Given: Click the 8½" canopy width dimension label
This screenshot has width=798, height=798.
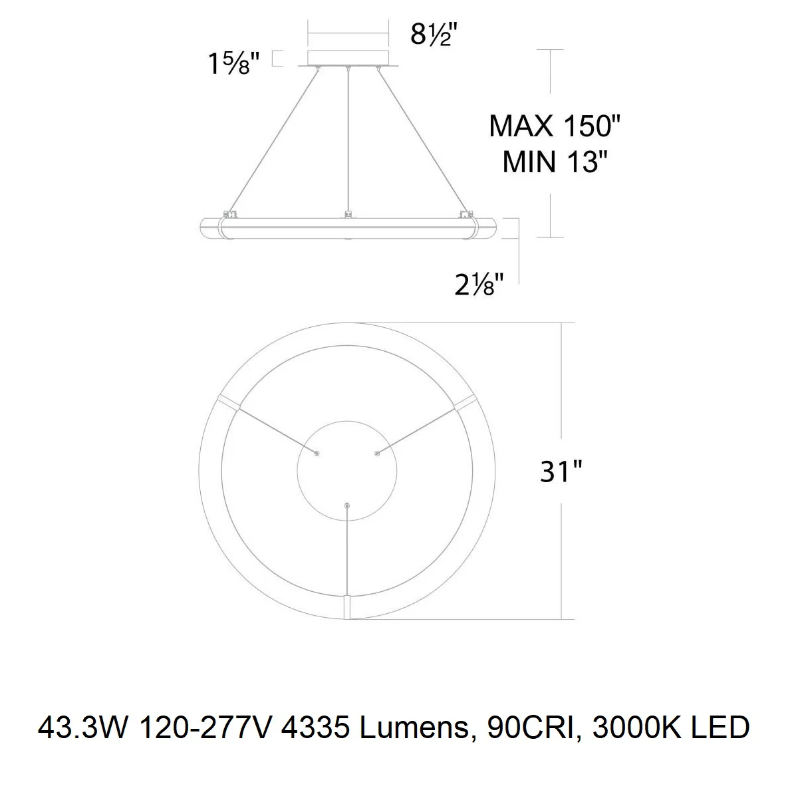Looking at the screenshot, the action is (x=434, y=34).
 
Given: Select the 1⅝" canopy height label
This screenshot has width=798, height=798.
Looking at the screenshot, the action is (x=234, y=63).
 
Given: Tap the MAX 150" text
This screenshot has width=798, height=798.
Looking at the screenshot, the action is (x=555, y=126).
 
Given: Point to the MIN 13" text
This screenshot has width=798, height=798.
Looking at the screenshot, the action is (x=555, y=162).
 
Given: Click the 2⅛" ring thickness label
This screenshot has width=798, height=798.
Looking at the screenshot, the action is (x=479, y=285).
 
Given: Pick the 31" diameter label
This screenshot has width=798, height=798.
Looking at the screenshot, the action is (x=561, y=471).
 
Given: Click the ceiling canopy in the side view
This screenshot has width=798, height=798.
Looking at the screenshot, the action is (x=348, y=59).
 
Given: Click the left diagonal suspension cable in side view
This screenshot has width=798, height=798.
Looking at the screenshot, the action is (x=273, y=141).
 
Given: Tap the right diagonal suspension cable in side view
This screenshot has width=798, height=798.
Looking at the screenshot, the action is (x=422, y=141).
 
